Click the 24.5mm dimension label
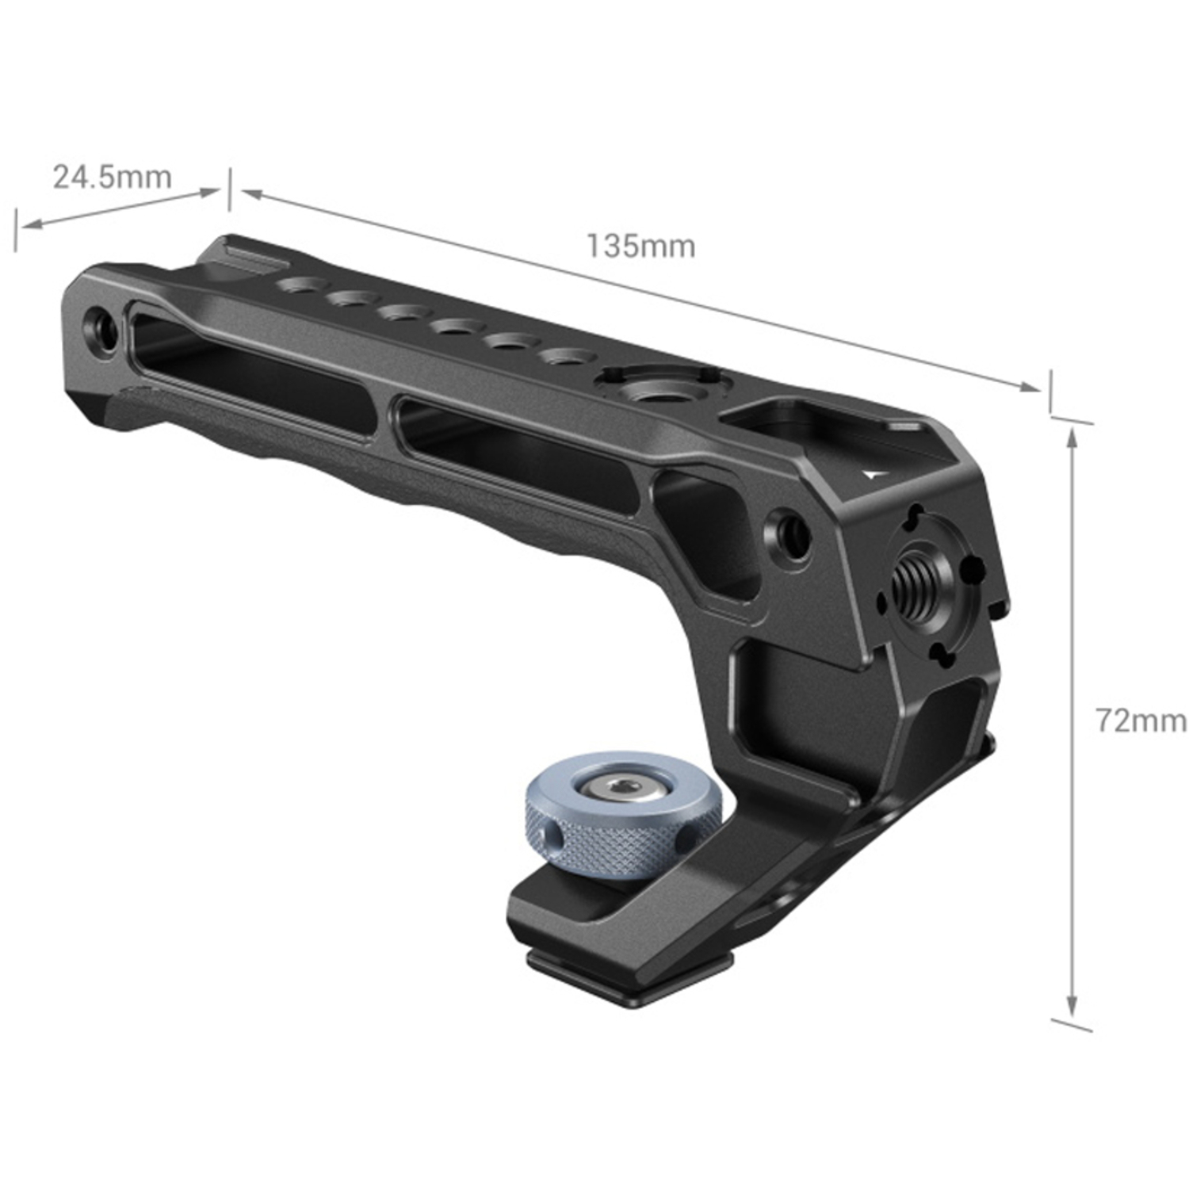click(112, 177)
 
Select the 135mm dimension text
click(640, 246)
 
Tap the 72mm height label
click(1140, 721)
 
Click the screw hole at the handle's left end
click(102, 326)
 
